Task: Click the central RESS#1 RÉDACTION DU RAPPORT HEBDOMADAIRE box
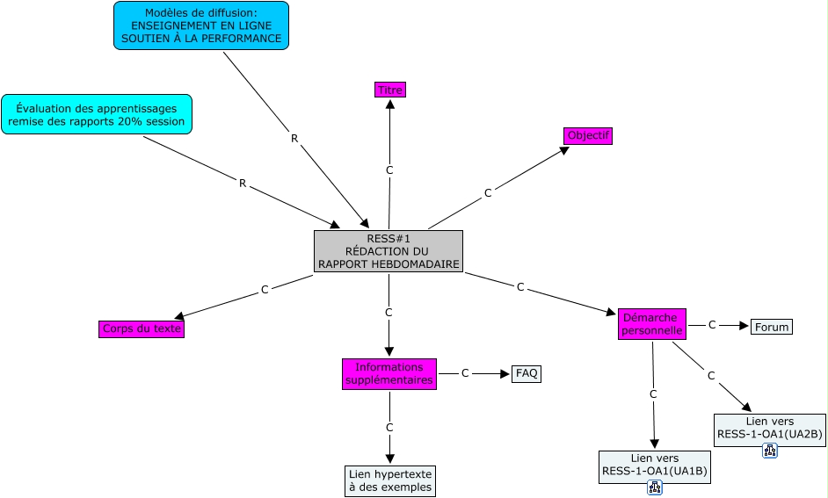(x=389, y=251)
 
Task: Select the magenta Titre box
(x=390, y=90)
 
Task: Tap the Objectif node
(x=588, y=135)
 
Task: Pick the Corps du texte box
(x=142, y=328)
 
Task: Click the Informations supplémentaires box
(x=389, y=373)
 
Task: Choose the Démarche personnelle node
(x=652, y=324)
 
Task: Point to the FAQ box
(x=527, y=373)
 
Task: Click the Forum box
(x=772, y=327)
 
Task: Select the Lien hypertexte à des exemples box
(x=390, y=480)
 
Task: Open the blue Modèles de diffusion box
(x=201, y=25)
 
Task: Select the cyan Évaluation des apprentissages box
(x=97, y=114)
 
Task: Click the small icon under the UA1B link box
(x=655, y=487)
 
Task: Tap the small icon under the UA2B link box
(x=770, y=451)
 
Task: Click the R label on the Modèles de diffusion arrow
(x=294, y=138)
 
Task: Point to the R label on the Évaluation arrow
(x=243, y=183)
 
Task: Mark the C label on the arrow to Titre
(x=389, y=170)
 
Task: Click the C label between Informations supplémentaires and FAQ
(x=465, y=373)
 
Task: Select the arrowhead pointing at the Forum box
(x=744, y=326)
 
